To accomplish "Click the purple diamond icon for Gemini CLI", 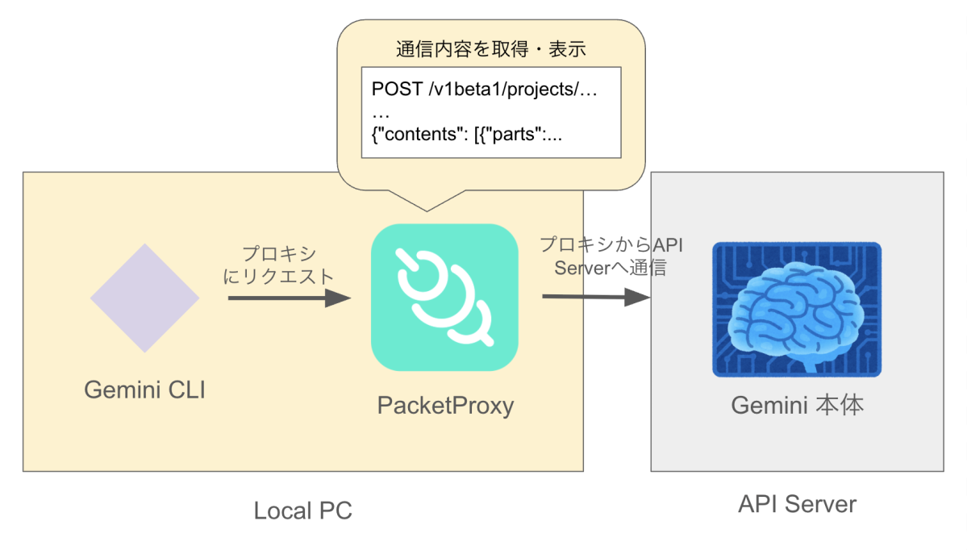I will click(x=144, y=298).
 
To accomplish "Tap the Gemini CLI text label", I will click(x=145, y=390).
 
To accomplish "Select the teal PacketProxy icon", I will click(x=444, y=297).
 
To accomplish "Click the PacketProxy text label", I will click(x=445, y=405).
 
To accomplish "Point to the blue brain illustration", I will click(x=796, y=310).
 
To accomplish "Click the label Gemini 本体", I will click(x=797, y=405).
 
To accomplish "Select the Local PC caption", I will click(x=303, y=511).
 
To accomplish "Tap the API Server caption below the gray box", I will click(x=797, y=505).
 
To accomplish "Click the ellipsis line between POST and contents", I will click(x=381, y=112).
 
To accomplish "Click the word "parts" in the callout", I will click(x=514, y=134).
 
